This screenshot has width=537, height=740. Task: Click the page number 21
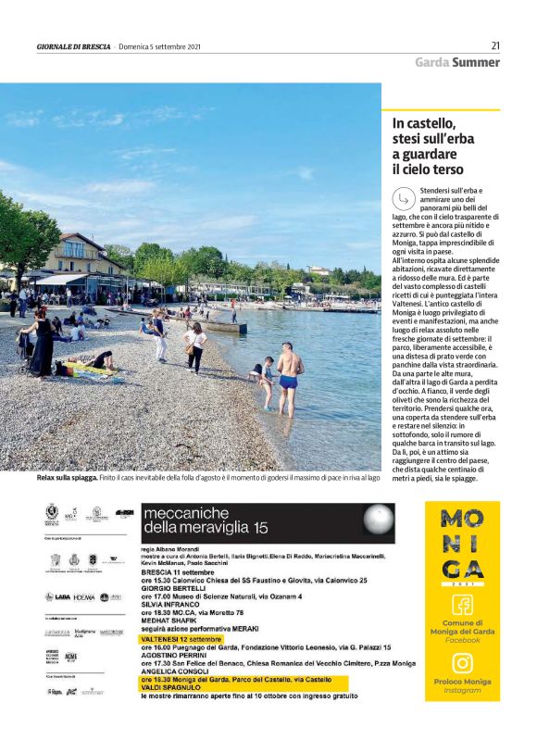495,45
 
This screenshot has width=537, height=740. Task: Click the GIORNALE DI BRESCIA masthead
74,46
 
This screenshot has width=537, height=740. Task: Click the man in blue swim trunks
290,377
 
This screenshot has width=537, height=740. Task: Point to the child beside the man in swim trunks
267,382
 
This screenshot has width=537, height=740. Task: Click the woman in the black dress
43,341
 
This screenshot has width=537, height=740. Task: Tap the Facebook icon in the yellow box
462,605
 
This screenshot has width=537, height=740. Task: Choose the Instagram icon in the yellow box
462,663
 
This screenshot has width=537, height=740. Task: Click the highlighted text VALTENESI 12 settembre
181,639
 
